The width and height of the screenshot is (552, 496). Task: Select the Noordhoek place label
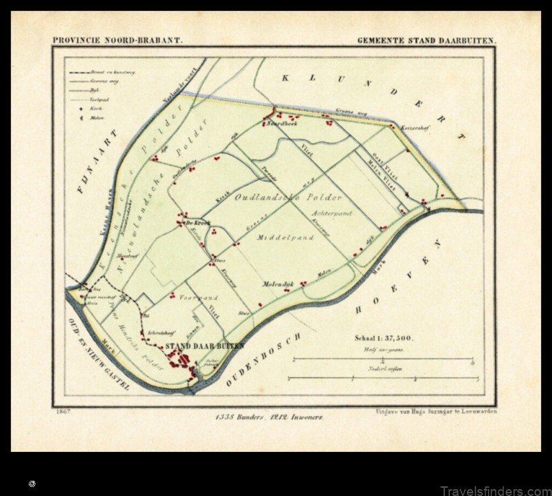coord(279,125)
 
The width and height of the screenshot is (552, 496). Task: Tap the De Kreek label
coord(198,224)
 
